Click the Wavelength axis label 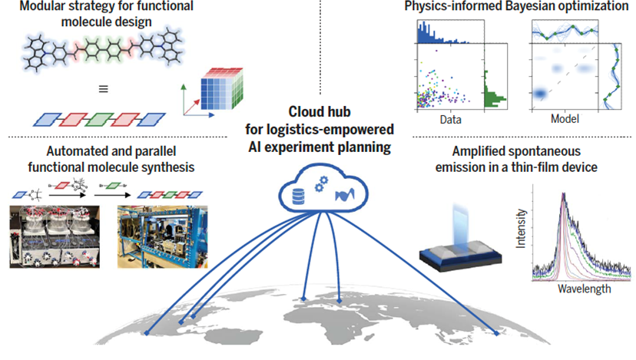pyautogui.click(x=581, y=289)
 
